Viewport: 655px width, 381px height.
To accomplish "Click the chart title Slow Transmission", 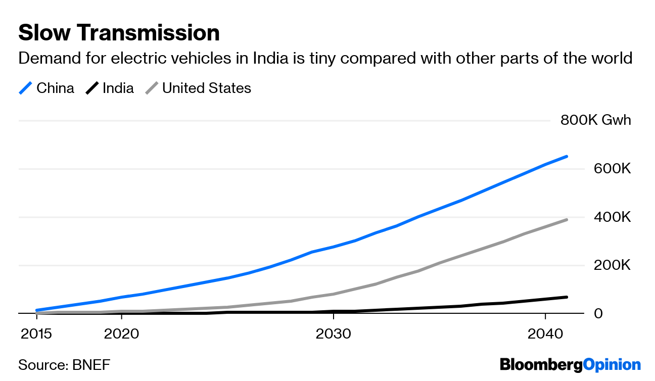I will [x=119, y=33].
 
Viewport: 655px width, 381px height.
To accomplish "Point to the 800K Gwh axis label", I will [x=595, y=120].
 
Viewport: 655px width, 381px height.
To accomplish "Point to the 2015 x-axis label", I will [x=37, y=334].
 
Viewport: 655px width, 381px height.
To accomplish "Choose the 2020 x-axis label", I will [x=121, y=334].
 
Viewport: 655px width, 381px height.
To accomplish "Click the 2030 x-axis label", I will [x=333, y=334].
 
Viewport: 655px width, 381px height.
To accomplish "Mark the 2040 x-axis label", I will [x=545, y=334].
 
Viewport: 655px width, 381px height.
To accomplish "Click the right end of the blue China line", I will [x=567, y=157].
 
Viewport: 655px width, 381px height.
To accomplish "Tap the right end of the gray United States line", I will [x=567, y=220].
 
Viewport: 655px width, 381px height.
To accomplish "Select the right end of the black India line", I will [x=567, y=297].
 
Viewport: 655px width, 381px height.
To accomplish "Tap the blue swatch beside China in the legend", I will [x=26, y=88].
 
